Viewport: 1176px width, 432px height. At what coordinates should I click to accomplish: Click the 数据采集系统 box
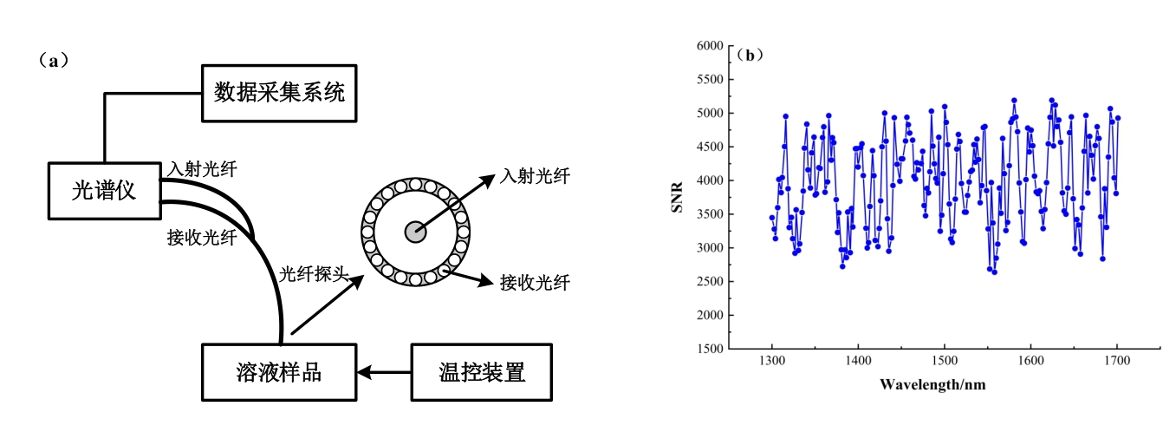click(278, 92)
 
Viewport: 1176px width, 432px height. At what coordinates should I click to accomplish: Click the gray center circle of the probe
click(416, 232)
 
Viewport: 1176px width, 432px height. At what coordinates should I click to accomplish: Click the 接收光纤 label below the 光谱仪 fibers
click(201, 239)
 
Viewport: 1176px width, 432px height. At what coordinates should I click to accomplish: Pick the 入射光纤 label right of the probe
click(535, 176)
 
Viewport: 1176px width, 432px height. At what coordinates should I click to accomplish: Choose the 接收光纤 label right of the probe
click(535, 283)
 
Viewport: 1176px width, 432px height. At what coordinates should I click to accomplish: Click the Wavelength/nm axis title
click(932, 383)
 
